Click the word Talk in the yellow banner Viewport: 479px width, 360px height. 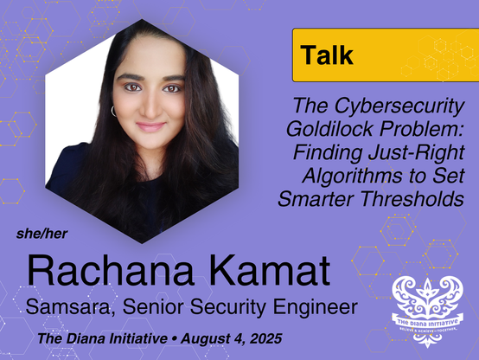pos(327,55)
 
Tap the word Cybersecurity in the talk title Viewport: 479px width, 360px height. pos(399,106)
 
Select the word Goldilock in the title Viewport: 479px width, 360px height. pos(330,128)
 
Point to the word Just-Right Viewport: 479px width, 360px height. pos(417,152)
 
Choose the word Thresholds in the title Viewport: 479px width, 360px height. pos(412,199)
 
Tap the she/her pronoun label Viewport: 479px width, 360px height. pos(42,234)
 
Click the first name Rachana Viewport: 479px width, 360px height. pos(110,271)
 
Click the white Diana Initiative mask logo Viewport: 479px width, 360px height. pos(427,311)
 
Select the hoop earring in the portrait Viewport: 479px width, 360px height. pos(113,111)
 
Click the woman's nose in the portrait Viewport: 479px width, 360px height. pos(150,108)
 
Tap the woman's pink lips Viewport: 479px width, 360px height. pos(150,126)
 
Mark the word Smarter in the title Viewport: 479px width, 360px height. pos(316,199)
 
